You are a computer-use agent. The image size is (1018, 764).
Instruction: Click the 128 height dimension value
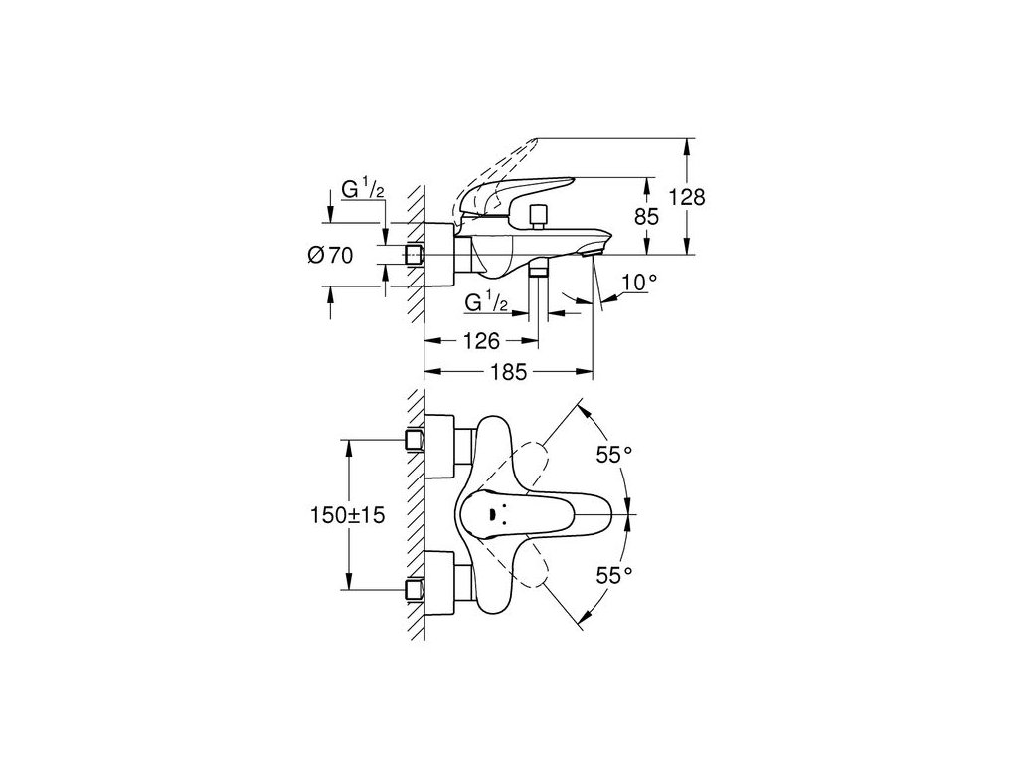click(x=686, y=197)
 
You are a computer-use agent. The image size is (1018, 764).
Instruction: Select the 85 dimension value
click(x=648, y=214)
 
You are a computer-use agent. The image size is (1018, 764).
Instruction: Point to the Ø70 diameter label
click(x=330, y=256)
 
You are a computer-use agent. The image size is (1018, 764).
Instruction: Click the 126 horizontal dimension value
click(x=481, y=341)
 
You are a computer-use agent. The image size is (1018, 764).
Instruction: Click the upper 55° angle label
click(x=614, y=456)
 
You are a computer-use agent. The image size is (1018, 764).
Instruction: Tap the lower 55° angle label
click(x=614, y=574)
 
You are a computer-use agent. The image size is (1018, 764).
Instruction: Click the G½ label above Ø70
click(x=362, y=188)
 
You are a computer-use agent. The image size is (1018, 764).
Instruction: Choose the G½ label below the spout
click(x=487, y=301)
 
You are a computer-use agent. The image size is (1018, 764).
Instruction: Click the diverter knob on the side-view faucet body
click(x=540, y=216)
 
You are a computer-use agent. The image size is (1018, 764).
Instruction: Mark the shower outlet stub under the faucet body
click(x=538, y=272)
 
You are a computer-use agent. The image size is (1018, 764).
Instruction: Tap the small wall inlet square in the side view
click(x=415, y=256)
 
